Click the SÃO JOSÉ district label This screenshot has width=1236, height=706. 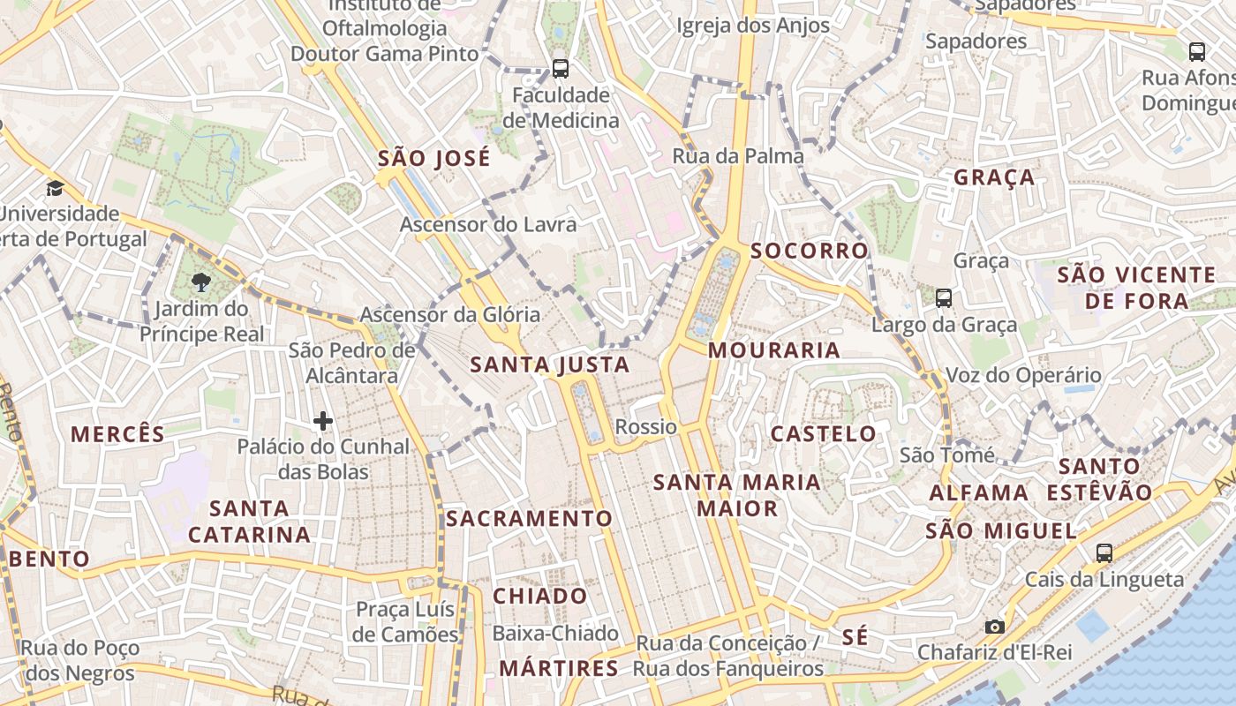point(433,159)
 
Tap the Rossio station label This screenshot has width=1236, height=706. point(646,428)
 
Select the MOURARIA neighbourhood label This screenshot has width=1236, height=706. point(773,350)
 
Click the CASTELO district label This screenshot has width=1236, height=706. point(823,434)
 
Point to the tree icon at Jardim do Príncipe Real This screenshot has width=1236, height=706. point(201,282)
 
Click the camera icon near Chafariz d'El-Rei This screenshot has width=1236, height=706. point(995,627)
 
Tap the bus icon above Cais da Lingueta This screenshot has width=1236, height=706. point(1104,553)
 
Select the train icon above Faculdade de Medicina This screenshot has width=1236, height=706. point(560,68)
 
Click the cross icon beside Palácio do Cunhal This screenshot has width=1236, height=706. point(323,421)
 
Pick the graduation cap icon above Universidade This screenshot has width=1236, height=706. point(55,188)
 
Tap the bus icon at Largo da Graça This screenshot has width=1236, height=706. point(944,298)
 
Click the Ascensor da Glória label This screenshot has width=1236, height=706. point(450,315)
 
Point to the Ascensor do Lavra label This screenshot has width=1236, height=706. point(488,224)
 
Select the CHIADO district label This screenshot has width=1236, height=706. point(539,596)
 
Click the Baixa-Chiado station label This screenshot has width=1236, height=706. point(555,634)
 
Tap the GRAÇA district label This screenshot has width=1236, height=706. point(994,177)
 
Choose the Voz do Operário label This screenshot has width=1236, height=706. point(1023,375)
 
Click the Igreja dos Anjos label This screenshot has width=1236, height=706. point(753,26)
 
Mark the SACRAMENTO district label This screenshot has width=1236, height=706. point(529,518)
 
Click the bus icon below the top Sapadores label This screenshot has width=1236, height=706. point(1197,51)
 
